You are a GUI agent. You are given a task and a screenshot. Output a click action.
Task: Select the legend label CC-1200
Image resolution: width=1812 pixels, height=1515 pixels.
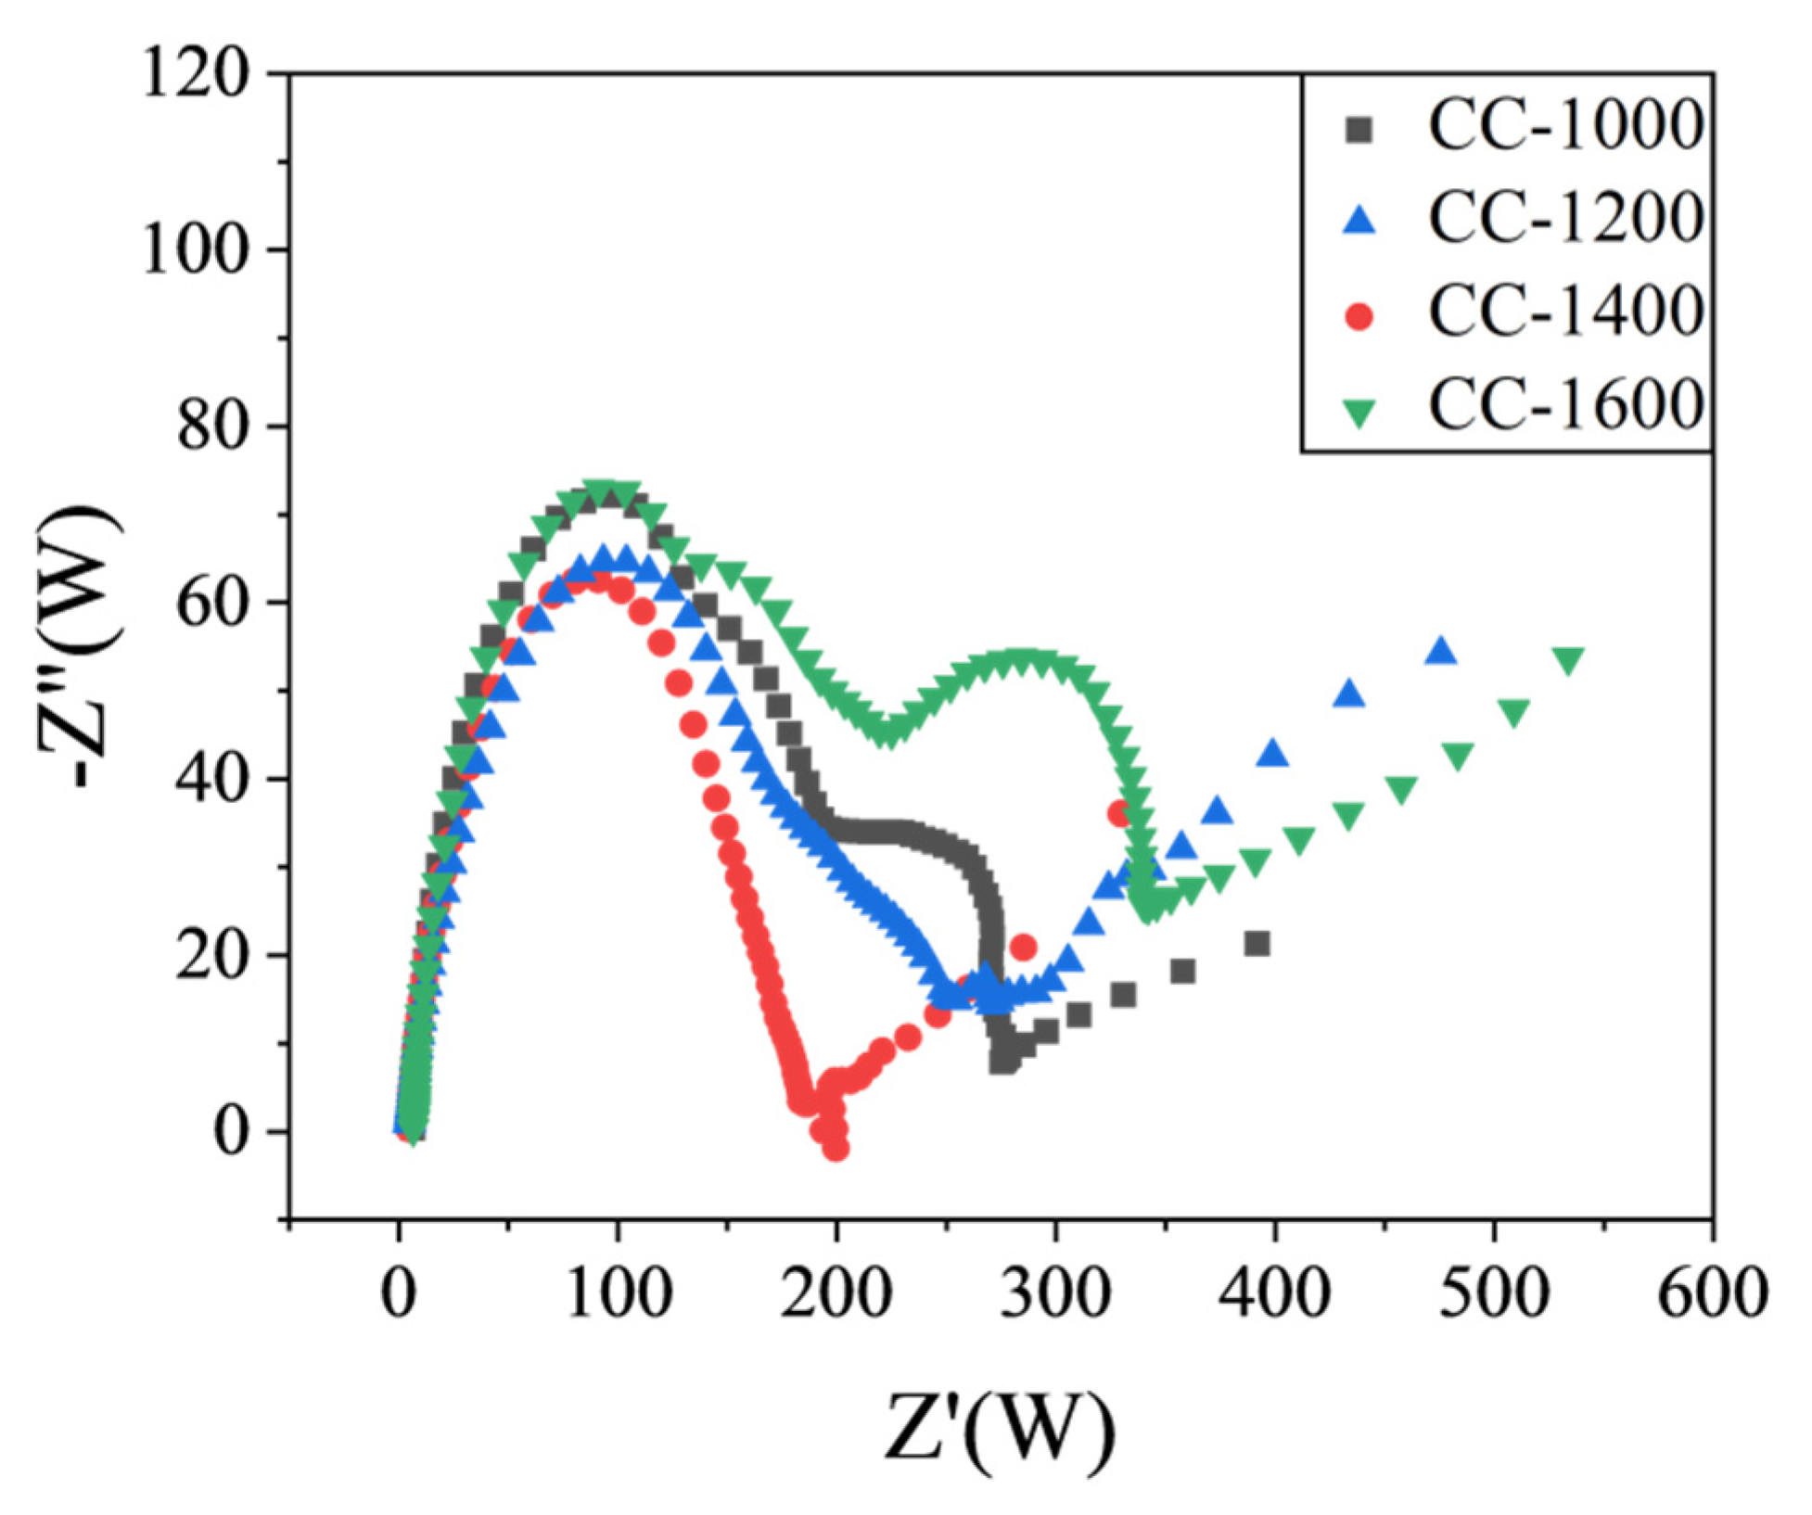point(1565,218)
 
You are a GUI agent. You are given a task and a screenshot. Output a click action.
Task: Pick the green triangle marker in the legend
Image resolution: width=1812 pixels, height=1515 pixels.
point(1360,413)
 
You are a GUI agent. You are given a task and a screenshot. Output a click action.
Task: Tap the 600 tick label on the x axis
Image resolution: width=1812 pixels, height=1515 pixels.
point(1712,1292)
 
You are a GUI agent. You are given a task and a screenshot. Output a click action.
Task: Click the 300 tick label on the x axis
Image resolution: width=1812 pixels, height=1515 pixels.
point(1054,1292)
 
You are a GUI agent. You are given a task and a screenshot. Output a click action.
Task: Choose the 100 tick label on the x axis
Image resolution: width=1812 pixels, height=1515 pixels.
point(617,1292)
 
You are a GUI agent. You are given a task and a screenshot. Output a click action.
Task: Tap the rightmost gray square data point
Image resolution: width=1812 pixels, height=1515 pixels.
point(1257,944)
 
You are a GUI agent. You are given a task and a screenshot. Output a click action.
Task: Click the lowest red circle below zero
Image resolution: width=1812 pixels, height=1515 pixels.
point(836,1149)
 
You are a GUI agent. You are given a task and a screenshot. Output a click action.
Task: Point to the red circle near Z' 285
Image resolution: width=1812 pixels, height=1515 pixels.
point(1023,948)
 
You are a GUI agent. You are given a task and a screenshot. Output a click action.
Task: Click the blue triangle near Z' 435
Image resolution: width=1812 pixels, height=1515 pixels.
point(1350,694)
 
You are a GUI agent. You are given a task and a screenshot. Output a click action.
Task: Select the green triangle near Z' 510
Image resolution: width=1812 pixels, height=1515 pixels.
point(1513,713)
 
